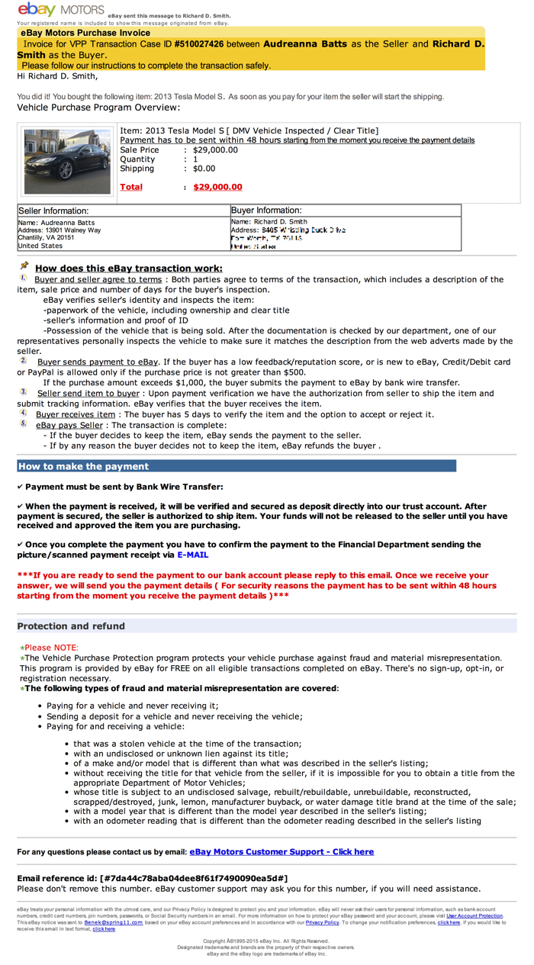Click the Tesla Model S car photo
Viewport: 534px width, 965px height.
(67, 161)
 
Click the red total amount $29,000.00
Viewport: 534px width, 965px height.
(217, 187)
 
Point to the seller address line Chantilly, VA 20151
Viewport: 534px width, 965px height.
(47, 238)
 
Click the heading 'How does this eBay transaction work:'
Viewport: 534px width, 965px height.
(129, 269)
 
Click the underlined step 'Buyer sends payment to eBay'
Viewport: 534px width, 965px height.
(98, 361)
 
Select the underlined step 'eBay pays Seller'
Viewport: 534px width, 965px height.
(69, 425)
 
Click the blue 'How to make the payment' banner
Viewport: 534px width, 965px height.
(236, 466)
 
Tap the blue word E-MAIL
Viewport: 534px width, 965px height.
(193, 555)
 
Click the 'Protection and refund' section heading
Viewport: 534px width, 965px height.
(71, 626)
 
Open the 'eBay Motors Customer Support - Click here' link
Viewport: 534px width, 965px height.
(281, 851)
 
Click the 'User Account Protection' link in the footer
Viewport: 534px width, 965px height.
(474, 916)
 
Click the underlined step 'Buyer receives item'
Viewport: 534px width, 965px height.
(76, 414)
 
